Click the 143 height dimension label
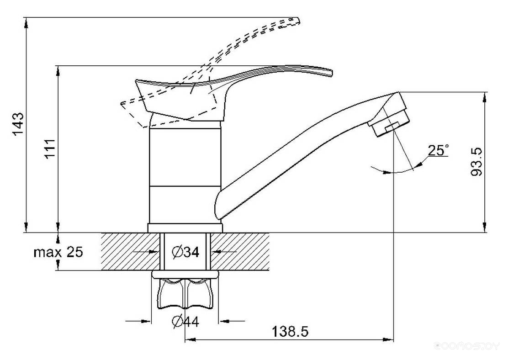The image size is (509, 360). pos(18,124)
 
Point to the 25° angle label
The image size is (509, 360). pos(439,150)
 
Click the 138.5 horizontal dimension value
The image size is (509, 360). pos(290,331)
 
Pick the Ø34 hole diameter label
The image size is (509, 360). pos(186,252)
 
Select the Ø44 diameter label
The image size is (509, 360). pos(186,321)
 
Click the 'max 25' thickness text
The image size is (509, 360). pos(58,252)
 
